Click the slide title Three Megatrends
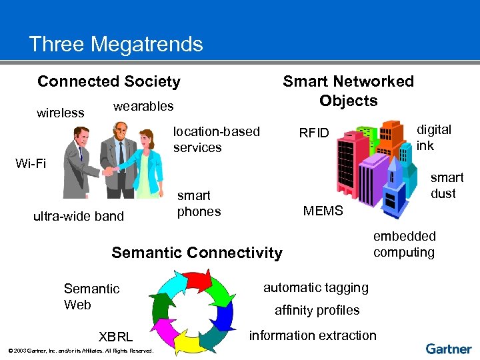point(116,45)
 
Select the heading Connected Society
point(109,81)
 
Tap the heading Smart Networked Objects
point(348,91)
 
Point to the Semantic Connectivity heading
point(197,253)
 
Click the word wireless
point(61,113)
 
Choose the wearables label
point(143,106)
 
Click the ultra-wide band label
point(79,215)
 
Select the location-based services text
point(216,139)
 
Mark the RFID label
point(314,133)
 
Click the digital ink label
point(434,137)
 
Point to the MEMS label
point(323,211)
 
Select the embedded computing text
point(404,244)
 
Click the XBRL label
point(115,337)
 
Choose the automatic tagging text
point(316,287)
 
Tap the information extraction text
point(313,335)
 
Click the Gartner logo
point(449,349)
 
